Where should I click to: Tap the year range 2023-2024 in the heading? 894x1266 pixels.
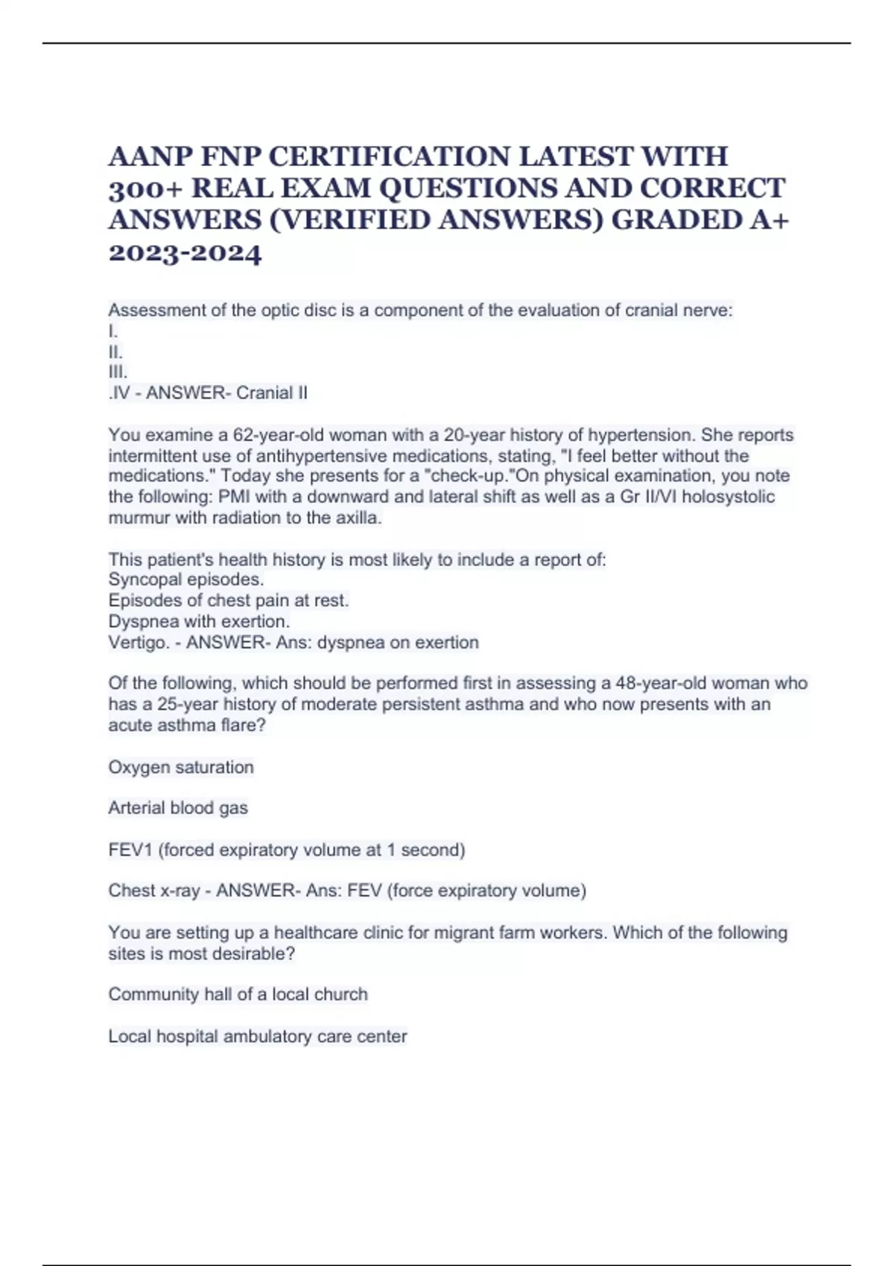pyautogui.click(x=185, y=253)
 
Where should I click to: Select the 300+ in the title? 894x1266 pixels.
pyautogui.click(x=145, y=189)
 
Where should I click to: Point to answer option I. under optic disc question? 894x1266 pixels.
pyautogui.click(x=113, y=331)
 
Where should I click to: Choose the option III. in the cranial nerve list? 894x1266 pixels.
pyautogui.click(x=118, y=372)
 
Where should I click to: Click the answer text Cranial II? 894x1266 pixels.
pyautogui.click(x=271, y=393)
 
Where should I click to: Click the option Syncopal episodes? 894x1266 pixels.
pyautogui.click(x=186, y=579)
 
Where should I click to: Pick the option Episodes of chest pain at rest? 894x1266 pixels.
pyautogui.click(x=229, y=600)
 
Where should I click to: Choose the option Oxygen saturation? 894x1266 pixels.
pyautogui.click(x=181, y=767)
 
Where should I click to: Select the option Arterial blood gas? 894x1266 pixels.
pyautogui.click(x=178, y=808)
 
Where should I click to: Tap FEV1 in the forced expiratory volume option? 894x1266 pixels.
pyautogui.click(x=130, y=850)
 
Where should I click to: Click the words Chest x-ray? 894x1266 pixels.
pyautogui.click(x=154, y=891)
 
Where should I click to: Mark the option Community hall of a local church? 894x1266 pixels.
pyautogui.click(x=238, y=994)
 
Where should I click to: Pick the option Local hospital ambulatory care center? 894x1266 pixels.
pyautogui.click(x=258, y=1036)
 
